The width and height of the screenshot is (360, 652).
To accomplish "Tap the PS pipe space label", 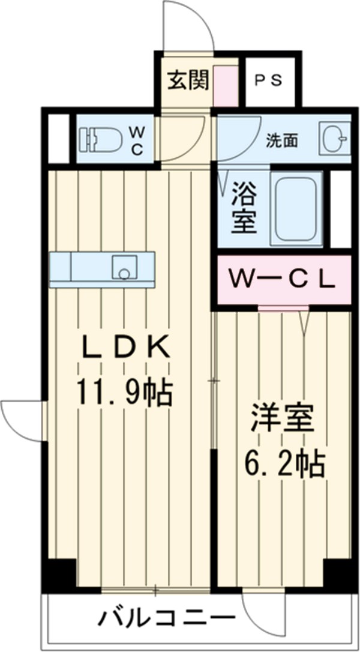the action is (x=268, y=80).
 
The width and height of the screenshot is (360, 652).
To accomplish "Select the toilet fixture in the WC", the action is (x=100, y=140).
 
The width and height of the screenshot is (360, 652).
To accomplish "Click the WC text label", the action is (x=137, y=141).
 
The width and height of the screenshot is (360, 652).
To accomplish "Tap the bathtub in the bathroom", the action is (x=296, y=209).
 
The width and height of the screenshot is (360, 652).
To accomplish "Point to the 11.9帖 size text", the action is (x=124, y=393).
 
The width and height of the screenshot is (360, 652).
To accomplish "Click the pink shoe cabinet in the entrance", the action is (x=226, y=86).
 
